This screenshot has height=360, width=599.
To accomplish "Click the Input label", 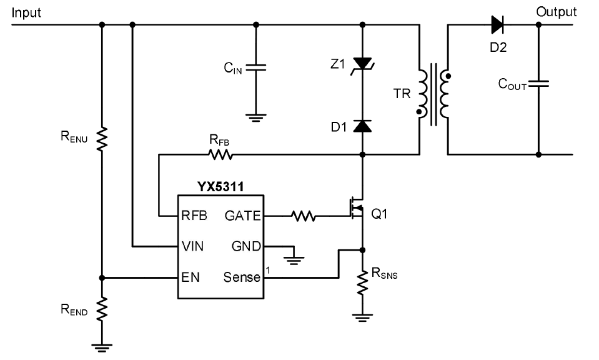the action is (x=26, y=12).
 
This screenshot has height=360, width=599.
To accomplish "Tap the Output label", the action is (x=556, y=12).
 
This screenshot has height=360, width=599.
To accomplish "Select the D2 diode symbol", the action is (x=497, y=25).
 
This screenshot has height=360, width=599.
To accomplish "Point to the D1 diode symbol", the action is (x=362, y=126).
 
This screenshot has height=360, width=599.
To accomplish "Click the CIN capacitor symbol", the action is (x=255, y=67).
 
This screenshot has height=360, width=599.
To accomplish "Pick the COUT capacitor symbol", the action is (x=538, y=84).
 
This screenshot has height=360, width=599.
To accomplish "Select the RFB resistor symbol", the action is (x=220, y=154).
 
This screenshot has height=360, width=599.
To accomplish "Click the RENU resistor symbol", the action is (x=102, y=139).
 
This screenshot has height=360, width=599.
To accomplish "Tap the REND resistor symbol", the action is (x=102, y=309).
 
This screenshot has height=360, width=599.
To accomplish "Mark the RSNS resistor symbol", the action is (x=362, y=282).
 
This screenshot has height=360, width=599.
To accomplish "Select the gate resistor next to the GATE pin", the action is (x=304, y=216).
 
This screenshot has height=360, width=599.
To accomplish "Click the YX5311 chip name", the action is (x=220, y=186).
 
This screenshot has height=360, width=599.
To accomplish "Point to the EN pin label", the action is (x=191, y=277).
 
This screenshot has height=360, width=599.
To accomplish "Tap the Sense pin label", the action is (x=242, y=277).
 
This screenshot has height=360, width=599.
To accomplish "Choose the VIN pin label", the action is (x=192, y=246).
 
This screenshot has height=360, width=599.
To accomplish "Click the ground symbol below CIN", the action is (x=255, y=117).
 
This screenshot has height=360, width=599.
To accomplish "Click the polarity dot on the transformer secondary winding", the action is (x=448, y=76).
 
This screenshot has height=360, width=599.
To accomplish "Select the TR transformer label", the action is (x=402, y=94).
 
